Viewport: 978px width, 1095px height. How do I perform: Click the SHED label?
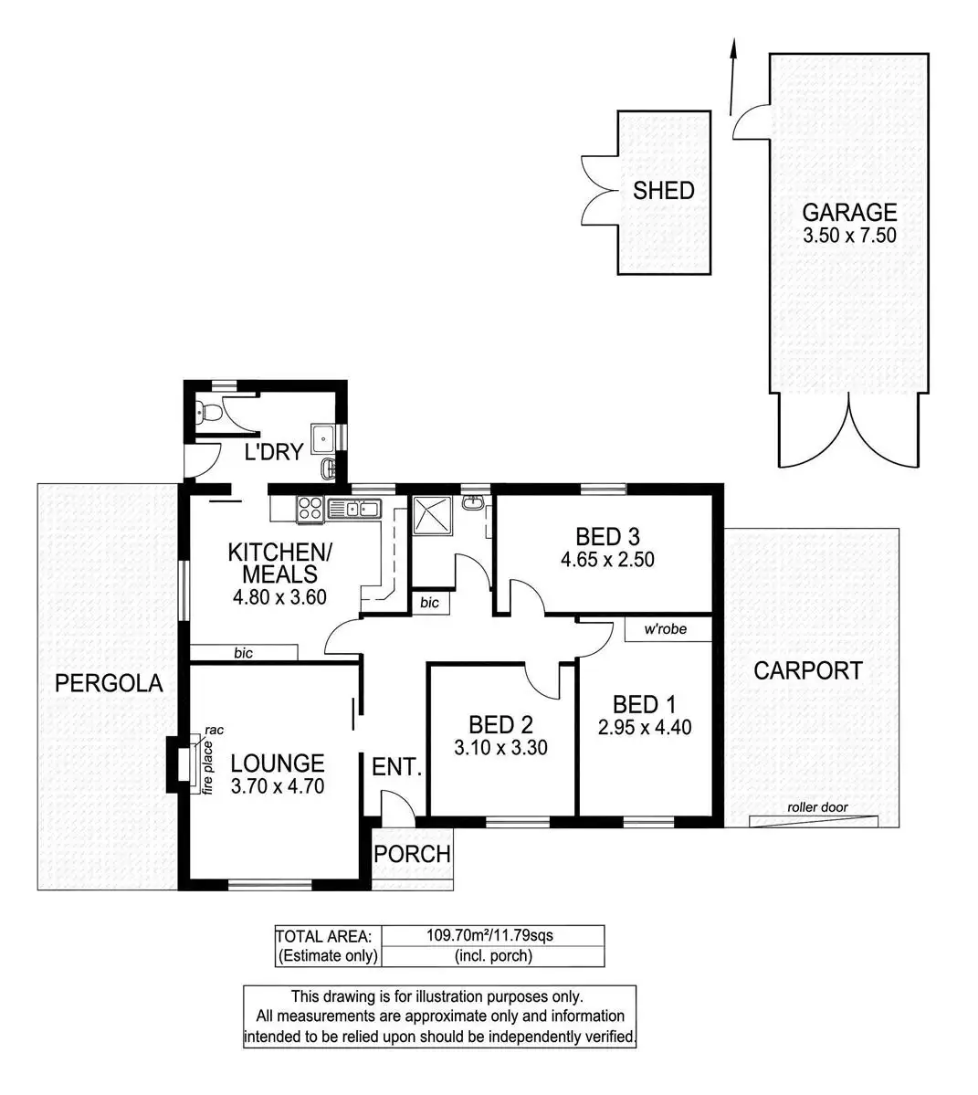(664, 191)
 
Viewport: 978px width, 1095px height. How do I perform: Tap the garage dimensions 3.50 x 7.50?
(849, 235)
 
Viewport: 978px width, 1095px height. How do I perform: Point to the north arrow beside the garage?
(731, 78)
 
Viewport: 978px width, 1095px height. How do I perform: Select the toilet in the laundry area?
(207, 414)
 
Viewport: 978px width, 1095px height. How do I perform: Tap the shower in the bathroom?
(432, 516)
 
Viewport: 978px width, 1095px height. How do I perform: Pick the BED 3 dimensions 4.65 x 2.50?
(607, 560)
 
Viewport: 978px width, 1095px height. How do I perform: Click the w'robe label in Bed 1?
(666, 629)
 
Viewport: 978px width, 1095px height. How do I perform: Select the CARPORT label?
(808, 670)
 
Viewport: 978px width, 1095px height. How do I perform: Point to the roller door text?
(818, 807)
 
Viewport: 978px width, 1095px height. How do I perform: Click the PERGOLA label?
(109, 682)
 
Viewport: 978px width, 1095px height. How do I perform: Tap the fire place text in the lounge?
(207, 768)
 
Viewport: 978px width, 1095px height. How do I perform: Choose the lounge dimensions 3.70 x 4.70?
(277, 786)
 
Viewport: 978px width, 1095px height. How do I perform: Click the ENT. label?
(396, 767)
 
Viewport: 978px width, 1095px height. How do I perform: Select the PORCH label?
(413, 854)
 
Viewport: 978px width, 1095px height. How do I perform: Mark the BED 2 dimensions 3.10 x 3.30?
(501, 748)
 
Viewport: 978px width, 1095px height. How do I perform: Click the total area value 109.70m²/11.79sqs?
(490, 935)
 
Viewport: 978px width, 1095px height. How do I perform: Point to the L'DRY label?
(272, 451)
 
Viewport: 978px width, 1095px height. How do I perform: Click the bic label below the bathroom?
(429, 603)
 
